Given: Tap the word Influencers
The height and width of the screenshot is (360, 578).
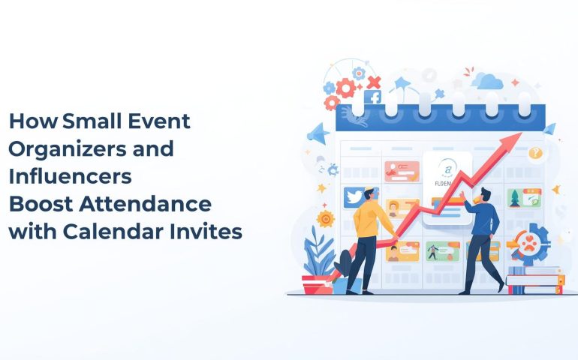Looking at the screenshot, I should click(x=70, y=176).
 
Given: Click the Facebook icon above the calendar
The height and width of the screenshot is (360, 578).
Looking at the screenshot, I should click(x=372, y=97).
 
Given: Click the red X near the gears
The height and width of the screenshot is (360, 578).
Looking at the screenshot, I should click(x=374, y=82).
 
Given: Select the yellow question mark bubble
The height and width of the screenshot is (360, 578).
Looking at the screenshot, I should click(x=534, y=154).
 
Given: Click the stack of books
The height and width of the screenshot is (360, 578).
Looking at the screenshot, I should click(x=534, y=280).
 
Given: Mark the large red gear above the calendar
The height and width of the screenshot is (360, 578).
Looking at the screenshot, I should click(x=345, y=88).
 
